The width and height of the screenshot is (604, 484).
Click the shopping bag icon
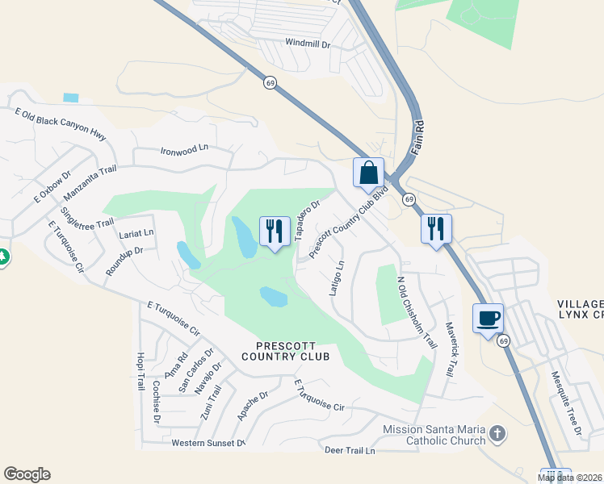point(368,173)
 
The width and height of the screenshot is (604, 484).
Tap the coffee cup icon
point(488,319)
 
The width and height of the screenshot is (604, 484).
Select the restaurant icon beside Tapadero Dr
point(275,232)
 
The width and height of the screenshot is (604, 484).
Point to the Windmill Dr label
point(308,43)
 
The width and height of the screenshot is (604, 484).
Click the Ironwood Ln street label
point(184,149)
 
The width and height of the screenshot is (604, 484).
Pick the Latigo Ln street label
point(337,277)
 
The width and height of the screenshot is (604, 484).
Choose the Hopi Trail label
point(141,371)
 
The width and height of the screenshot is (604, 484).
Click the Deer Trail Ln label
point(350,450)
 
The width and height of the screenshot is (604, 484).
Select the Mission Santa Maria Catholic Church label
point(434,435)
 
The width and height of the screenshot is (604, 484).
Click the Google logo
point(27,474)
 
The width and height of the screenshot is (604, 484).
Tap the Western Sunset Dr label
point(208,443)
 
